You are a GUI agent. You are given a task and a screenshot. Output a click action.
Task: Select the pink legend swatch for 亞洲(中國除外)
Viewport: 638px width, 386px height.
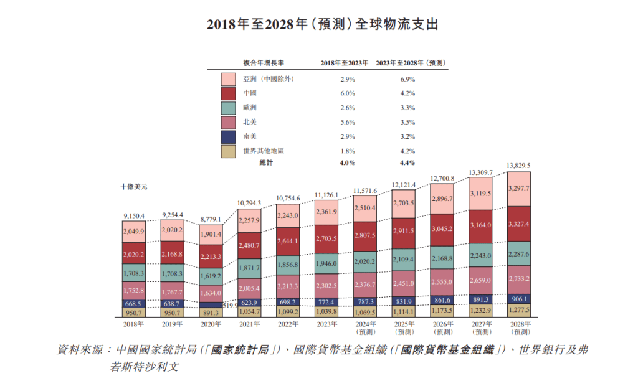(228, 80)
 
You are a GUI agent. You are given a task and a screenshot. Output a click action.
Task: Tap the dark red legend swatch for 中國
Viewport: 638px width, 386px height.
(228, 93)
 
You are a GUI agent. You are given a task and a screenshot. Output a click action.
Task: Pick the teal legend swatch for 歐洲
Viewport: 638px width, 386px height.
(228, 108)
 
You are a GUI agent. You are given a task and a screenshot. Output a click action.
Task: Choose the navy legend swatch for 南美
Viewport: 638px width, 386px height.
(228, 136)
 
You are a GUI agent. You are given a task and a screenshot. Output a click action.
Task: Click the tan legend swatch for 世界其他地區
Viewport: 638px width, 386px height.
(228, 150)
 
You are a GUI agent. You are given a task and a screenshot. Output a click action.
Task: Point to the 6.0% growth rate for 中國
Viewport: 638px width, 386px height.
(348, 93)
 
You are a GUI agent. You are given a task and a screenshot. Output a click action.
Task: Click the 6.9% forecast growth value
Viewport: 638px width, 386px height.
(407, 80)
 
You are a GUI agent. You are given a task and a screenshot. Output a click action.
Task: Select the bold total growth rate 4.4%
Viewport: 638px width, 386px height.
(407, 163)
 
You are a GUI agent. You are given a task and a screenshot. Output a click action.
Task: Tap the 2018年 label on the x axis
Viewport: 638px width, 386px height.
(135, 324)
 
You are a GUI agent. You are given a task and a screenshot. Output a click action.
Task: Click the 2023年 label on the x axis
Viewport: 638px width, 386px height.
(327, 324)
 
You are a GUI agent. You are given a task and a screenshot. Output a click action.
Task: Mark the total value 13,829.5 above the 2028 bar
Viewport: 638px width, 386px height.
(519, 166)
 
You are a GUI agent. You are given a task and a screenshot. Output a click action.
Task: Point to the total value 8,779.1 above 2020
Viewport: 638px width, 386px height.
(212, 219)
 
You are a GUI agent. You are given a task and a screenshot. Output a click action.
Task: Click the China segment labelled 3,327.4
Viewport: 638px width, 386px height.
(519, 224)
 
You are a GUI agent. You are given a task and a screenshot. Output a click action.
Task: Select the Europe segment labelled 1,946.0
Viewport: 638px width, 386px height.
(327, 263)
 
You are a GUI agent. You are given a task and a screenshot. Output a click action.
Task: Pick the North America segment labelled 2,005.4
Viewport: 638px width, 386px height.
(250, 289)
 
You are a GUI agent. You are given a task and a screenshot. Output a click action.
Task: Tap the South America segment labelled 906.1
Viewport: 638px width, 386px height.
(519, 298)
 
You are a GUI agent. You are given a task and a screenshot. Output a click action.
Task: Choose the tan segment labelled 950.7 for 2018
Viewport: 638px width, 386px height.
(135, 313)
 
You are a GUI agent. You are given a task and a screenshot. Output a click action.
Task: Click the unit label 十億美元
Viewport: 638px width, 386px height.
(135, 186)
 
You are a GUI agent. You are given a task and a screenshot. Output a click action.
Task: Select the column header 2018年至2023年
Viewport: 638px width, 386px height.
(344, 63)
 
